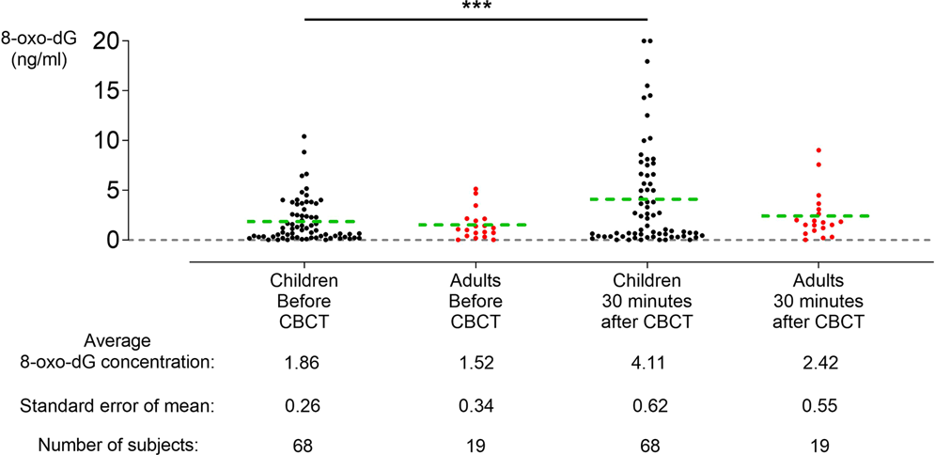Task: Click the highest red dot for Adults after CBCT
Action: click(818, 150)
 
